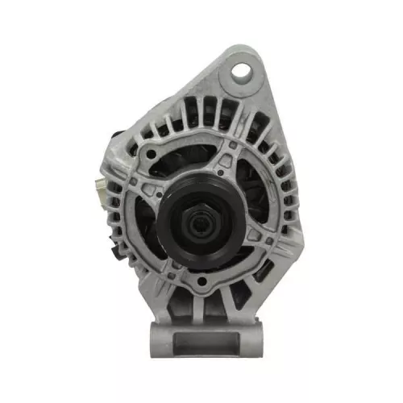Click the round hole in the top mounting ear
click(240, 72)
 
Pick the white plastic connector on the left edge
click(99, 190)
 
